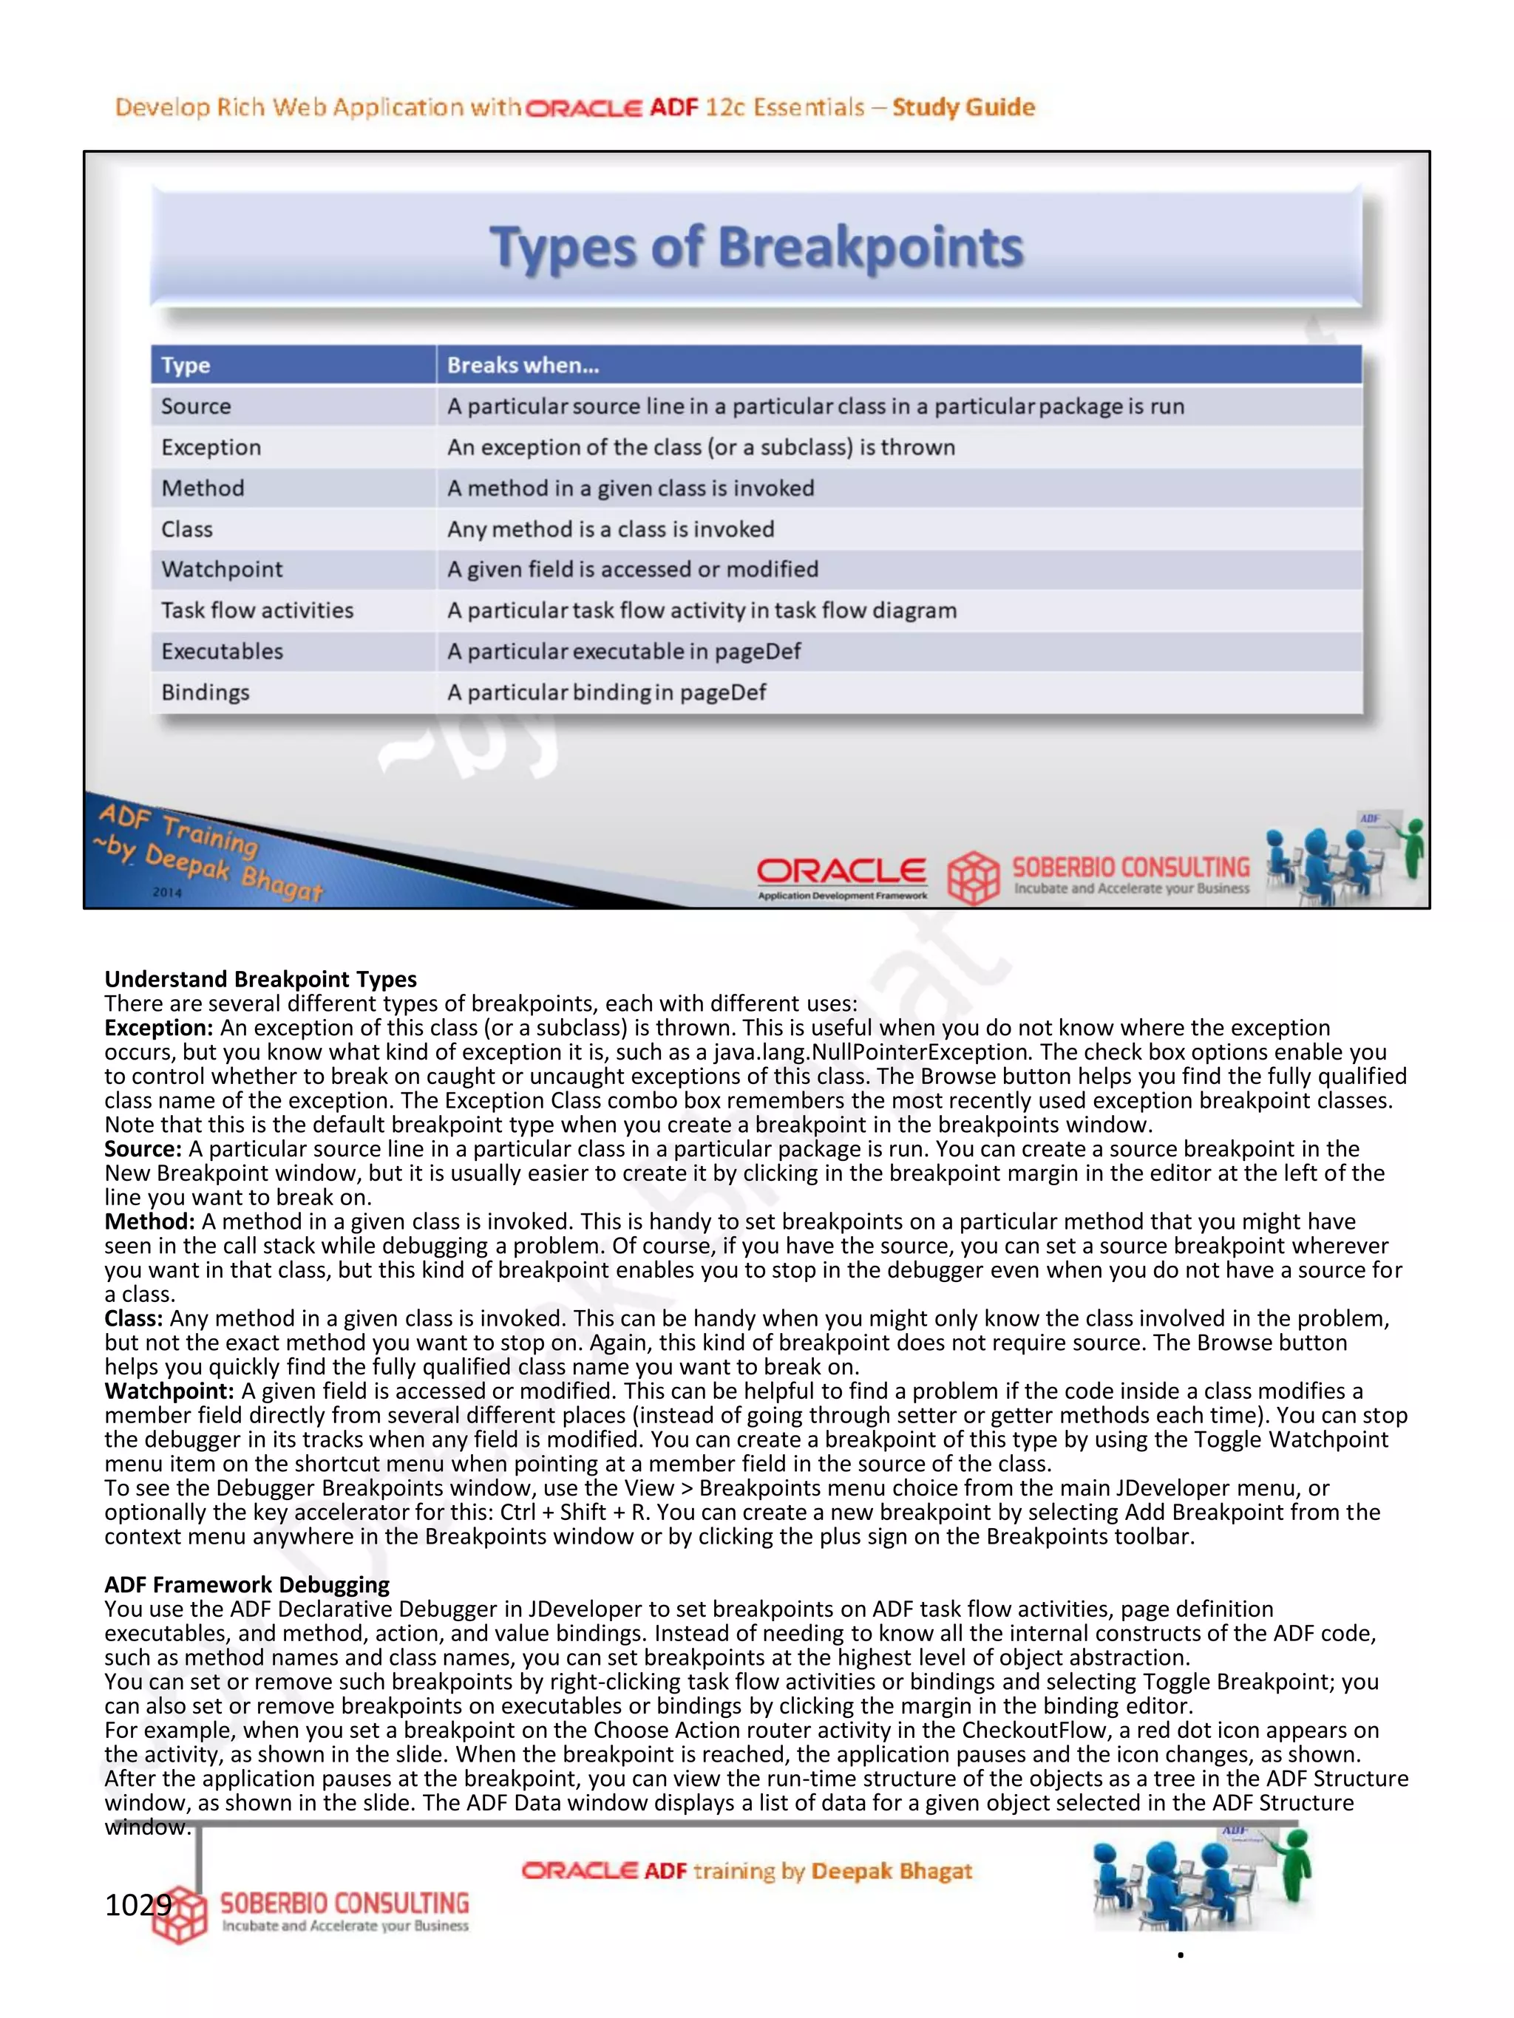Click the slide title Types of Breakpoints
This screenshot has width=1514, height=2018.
coord(756,248)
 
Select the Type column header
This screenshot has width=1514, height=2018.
coord(186,366)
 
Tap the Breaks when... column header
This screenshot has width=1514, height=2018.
coord(523,366)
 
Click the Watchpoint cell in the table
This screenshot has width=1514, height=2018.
coord(222,569)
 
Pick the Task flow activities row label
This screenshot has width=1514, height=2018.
coord(257,610)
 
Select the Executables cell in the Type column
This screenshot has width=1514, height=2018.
coord(222,652)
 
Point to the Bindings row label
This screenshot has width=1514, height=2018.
coord(206,692)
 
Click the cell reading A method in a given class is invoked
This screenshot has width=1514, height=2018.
coord(630,488)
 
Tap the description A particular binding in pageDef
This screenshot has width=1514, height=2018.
coord(606,692)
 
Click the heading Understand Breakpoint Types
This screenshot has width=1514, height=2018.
coord(260,979)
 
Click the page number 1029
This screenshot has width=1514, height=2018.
coord(137,1905)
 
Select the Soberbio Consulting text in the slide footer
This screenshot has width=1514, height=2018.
coord(1131,867)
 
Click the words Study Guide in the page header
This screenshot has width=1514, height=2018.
coord(964,108)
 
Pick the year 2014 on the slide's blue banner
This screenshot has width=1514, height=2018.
coord(167,892)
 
